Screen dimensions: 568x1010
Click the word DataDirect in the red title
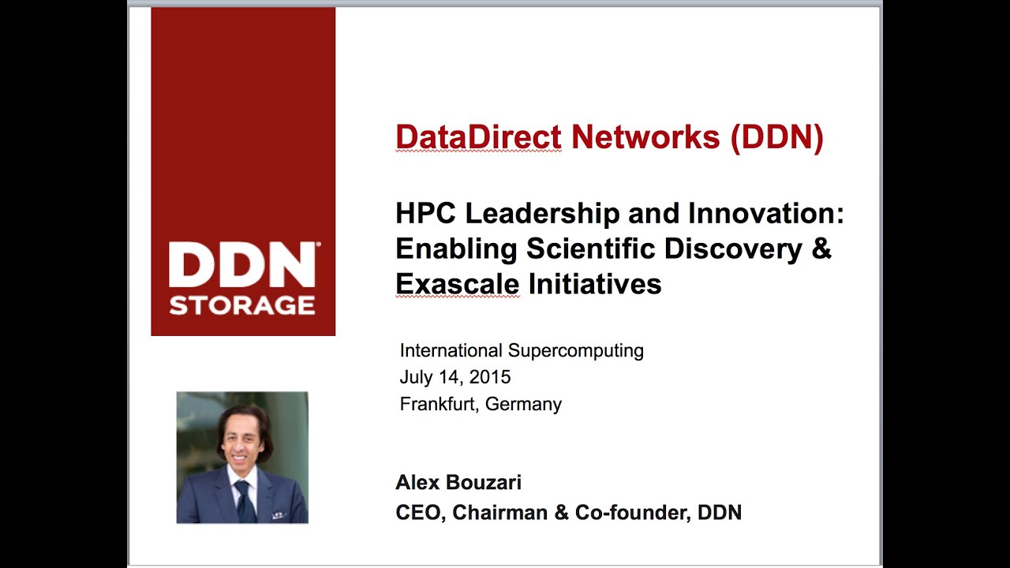point(478,137)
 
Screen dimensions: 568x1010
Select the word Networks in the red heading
point(645,137)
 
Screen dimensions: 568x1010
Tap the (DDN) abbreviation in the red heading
point(776,137)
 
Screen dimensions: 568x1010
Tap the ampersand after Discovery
point(821,248)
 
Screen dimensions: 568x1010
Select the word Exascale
point(457,283)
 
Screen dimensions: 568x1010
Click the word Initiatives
point(594,283)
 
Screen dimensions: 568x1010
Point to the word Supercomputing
point(576,350)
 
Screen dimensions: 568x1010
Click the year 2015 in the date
point(490,377)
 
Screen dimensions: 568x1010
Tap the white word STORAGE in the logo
point(242,305)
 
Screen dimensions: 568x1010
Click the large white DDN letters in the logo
point(242,266)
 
